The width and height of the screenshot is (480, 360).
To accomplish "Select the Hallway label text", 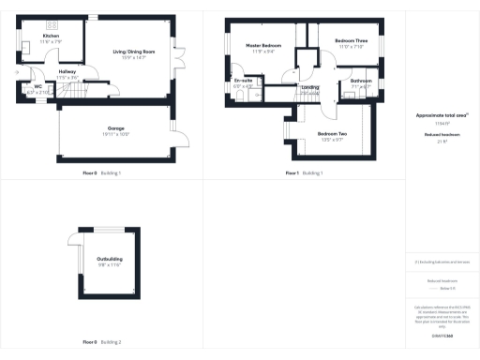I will (67, 70).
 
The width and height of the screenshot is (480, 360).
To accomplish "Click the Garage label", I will (116, 127).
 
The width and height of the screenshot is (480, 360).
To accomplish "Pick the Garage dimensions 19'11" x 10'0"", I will (116, 134).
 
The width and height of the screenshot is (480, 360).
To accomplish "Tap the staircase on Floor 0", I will (86, 89).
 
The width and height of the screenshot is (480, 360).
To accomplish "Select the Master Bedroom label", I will (264, 45).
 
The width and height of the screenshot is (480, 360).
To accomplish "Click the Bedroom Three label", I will (351, 41).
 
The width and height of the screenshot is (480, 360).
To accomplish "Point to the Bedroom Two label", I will (333, 134).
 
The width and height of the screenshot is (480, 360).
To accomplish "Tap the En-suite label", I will (243, 81).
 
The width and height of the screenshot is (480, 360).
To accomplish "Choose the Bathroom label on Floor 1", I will (361, 81).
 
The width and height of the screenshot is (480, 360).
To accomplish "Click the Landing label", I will (309, 87).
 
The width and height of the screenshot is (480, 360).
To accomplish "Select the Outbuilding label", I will (110, 258).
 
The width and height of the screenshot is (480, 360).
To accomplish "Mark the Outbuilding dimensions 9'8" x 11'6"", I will (110, 264).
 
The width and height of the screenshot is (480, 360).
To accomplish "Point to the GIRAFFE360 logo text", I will (442, 336).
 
